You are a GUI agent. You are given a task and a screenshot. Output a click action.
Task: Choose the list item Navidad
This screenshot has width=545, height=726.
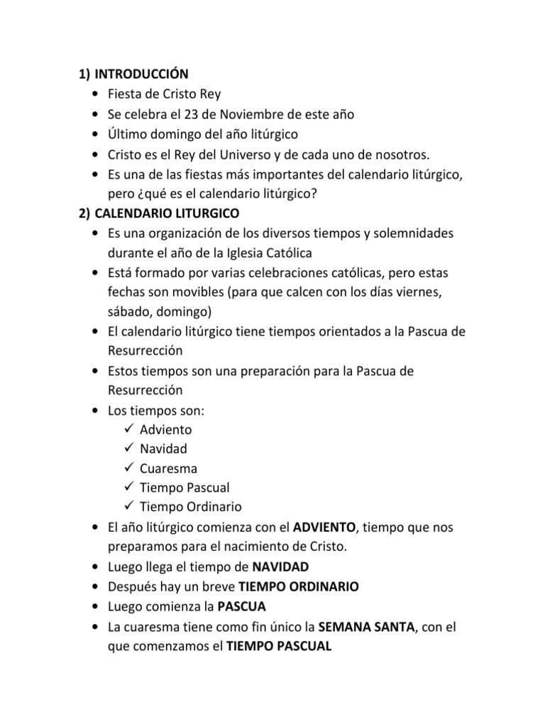tap(163, 449)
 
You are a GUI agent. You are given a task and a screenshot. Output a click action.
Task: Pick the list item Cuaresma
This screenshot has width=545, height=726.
tap(168, 469)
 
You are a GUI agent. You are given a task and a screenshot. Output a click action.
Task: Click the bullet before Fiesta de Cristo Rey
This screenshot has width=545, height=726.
tap(96, 94)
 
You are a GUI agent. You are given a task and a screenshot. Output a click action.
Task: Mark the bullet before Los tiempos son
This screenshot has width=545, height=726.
tap(96, 410)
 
